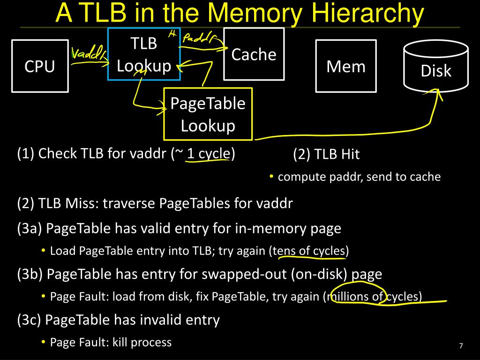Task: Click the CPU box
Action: point(40,66)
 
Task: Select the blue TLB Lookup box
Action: point(143,54)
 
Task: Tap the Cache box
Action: point(254,54)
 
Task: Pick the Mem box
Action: point(346,66)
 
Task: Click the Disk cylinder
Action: point(436,68)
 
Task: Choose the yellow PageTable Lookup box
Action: point(208,114)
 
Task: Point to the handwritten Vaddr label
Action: point(88,54)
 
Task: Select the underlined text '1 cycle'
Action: point(209,154)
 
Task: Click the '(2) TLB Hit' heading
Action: point(326,154)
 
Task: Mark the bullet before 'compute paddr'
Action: point(272,177)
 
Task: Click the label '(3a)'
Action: point(30,228)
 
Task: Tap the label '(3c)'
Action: point(30,320)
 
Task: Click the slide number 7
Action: point(461,346)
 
